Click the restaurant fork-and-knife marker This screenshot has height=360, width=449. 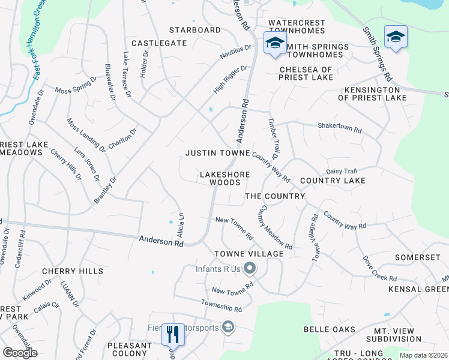point(173,334)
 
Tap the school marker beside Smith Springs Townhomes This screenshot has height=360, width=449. point(275,43)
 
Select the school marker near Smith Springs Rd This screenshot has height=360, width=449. point(396,36)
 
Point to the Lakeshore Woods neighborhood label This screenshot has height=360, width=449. point(224,178)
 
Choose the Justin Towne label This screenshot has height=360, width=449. point(217,153)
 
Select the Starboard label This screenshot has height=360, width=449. point(194,30)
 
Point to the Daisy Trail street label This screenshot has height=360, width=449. point(342,171)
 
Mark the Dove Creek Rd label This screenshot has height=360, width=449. point(379,269)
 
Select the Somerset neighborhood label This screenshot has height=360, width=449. point(418,257)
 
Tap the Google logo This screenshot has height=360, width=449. point(20,353)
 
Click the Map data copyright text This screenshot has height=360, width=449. point(424,355)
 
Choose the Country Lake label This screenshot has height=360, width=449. point(333,181)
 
